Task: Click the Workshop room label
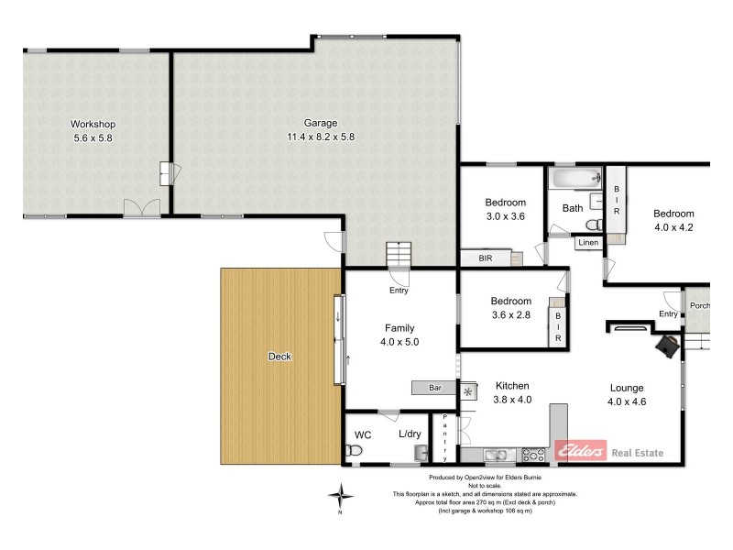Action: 93,124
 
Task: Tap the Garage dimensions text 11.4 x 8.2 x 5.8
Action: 321,137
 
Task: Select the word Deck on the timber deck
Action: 279,357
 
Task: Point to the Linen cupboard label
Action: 587,243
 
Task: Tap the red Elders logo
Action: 581,450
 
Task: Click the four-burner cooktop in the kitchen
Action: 533,454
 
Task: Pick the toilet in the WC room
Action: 354,451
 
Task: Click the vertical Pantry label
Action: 445,437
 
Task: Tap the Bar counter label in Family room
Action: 435,388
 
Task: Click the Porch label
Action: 700,306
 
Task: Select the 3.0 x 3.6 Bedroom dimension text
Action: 505,216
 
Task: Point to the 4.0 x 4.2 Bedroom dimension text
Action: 673,227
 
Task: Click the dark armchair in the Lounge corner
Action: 668,345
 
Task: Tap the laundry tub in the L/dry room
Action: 421,452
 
